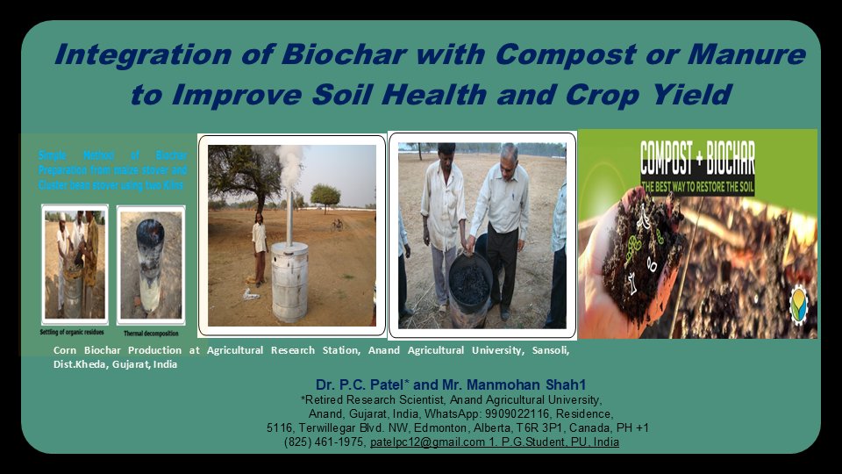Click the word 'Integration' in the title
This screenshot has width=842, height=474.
coord(134,54)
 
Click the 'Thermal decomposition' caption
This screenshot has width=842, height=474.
coord(150,334)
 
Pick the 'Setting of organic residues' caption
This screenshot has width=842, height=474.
coord(75,334)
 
